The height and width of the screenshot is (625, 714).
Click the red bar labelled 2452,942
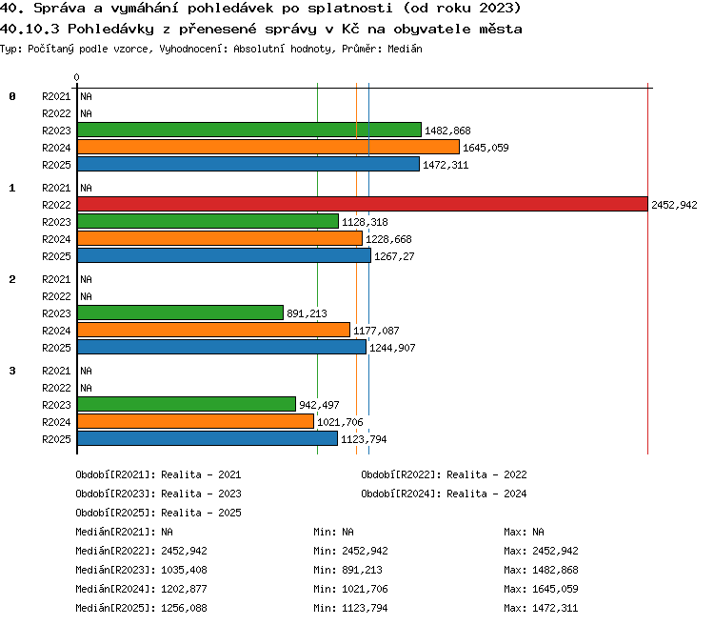(x=363, y=204)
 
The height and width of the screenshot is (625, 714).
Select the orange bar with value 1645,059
(x=268, y=147)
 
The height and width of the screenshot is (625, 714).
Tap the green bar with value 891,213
(x=180, y=312)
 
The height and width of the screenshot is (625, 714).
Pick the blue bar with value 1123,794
(x=208, y=438)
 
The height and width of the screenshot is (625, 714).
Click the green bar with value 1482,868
(x=249, y=130)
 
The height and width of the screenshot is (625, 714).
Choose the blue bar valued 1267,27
(x=224, y=255)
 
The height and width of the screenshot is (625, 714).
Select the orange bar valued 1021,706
(x=195, y=421)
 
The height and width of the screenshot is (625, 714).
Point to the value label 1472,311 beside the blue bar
(x=446, y=165)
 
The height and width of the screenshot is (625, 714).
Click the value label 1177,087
(x=376, y=331)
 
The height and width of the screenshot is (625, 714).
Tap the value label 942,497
(x=319, y=405)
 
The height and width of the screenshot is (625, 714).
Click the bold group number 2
(x=12, y=279)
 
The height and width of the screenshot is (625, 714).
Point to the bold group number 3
(x=12, y=371)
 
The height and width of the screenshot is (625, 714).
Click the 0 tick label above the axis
(x=76, y=77)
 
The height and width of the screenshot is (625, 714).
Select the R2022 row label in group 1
(x=56, y=205)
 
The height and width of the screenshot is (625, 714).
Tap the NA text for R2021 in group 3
(x=86, y=371)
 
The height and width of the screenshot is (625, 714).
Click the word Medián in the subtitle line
(x=405, y=49)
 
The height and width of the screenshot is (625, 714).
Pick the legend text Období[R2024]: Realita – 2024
(x=444, y=494)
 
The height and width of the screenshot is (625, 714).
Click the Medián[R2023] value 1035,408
(x=184, y=570)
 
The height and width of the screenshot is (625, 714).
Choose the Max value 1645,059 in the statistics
(x=555, y=589)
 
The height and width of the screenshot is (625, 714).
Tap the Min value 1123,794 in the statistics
(x=365, y=608)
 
